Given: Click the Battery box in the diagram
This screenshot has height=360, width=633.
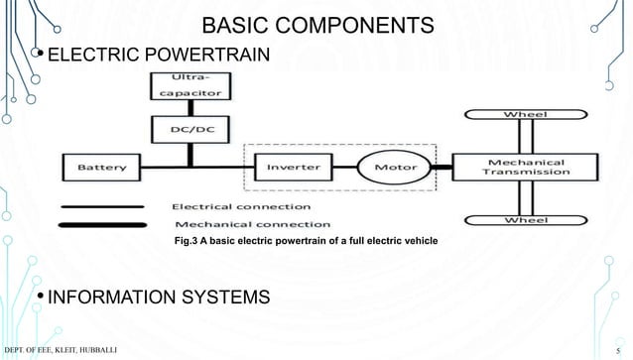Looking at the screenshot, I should pyautogui.click(x=102, y=168).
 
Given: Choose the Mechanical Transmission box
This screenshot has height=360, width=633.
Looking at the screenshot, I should pyautogui.click(x=525, y=167).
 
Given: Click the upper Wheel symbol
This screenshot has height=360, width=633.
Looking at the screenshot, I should pyautogui.click(x=525, y=115).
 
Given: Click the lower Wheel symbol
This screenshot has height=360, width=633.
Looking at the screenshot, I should pyautogui.click(x=525, y=219).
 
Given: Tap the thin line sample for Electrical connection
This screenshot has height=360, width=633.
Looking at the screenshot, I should pyautogui.click(x=104, y=208).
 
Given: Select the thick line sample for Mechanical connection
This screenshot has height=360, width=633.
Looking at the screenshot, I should pyautogui.click(x=104, y=224).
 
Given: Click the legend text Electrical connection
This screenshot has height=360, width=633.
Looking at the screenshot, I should pyautogui.click(x=241, y=207).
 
